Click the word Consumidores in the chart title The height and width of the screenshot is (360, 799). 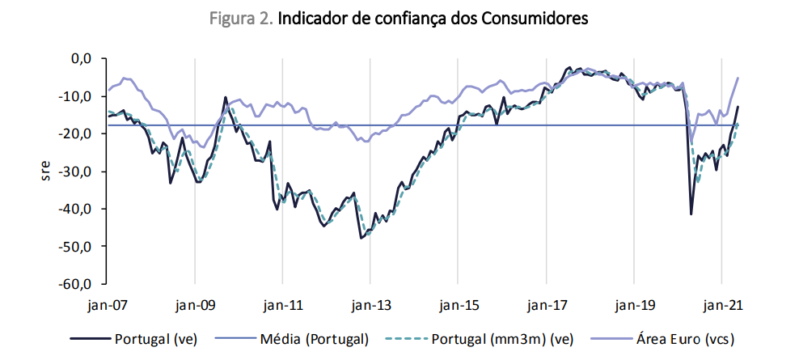coord(535,19)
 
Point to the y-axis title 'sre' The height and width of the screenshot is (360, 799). coord(48,171)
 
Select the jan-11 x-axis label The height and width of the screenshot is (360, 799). coord(283,306)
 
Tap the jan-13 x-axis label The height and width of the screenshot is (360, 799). coord(370,306)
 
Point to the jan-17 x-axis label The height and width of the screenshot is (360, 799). coord(546,306)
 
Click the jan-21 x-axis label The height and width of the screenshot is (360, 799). coord(721,306)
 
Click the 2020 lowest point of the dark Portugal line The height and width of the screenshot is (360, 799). coord(691,214)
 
